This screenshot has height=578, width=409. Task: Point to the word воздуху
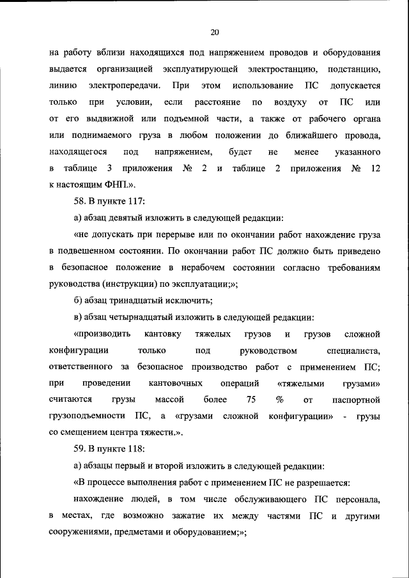coord(288,102)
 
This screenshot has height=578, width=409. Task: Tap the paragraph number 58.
coord(81,201)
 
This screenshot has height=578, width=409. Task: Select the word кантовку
coord(163,334)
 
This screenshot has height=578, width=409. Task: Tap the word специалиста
coord(353,351)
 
